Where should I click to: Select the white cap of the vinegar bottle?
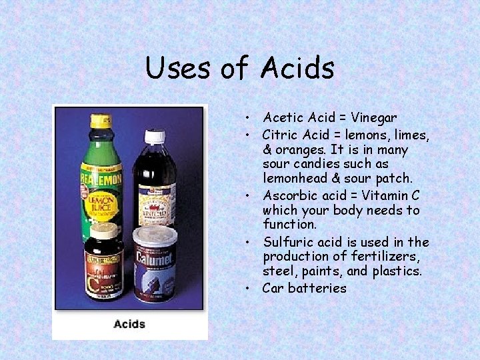point(155,137)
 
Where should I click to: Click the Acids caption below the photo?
point(129,324)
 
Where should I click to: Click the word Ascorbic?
point(290,195)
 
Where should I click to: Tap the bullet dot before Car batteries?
point(247,289)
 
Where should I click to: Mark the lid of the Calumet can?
point(155,235)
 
